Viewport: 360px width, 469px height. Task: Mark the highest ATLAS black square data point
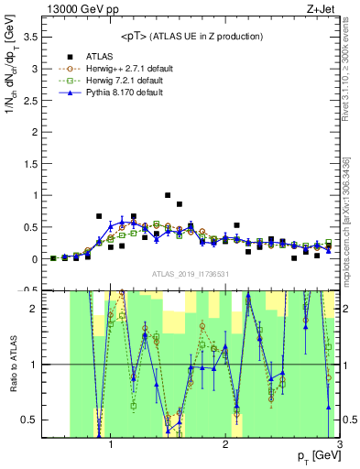pos(168,195)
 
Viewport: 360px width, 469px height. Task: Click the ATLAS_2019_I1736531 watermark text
pos(190,275)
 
